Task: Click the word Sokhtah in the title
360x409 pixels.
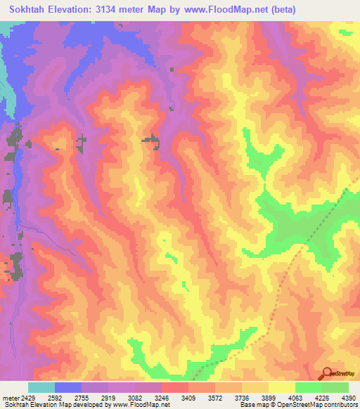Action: [30, 9]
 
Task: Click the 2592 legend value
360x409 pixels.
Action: [63, 398]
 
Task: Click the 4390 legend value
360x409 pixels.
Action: [349, 398]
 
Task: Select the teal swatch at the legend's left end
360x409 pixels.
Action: [41, 387]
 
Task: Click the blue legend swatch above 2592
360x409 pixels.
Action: [67, 387]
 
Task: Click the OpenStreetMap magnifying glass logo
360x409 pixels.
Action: [328, 374]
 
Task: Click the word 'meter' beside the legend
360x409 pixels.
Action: [12, 398]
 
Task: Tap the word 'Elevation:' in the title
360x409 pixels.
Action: [79, 9]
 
